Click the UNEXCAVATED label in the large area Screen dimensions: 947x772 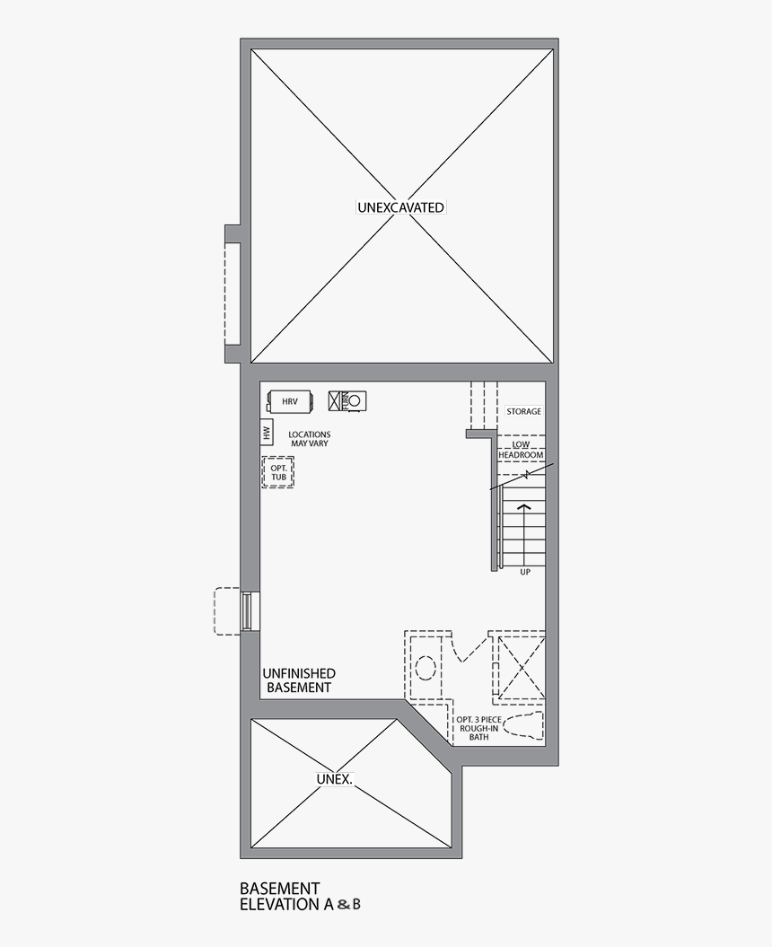(x=400, y=207)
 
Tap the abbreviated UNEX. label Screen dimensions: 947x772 (x=333, y=779)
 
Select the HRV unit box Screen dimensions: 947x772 (x=289, y=401)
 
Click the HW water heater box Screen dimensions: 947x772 (x=267, y=434)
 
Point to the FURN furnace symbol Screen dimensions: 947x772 (x=347, y=400)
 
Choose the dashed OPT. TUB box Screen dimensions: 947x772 (x=278, y=472)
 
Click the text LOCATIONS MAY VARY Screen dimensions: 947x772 (x=309, y=439)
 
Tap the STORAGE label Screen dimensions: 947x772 (x=523, y=411)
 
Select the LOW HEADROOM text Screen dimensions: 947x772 (x=522, y=450)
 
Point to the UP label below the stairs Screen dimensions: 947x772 (x=525, y=572)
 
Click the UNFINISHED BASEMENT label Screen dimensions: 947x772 (x=299, y=680)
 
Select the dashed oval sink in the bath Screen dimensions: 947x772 (x=426, y=669)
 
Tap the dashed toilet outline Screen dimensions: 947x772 (x=523, y=728)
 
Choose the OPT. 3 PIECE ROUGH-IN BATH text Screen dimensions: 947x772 (x=477, y=728)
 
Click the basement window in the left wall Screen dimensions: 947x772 (x=246, y=611)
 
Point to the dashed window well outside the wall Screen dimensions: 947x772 (x=226, y=611)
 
